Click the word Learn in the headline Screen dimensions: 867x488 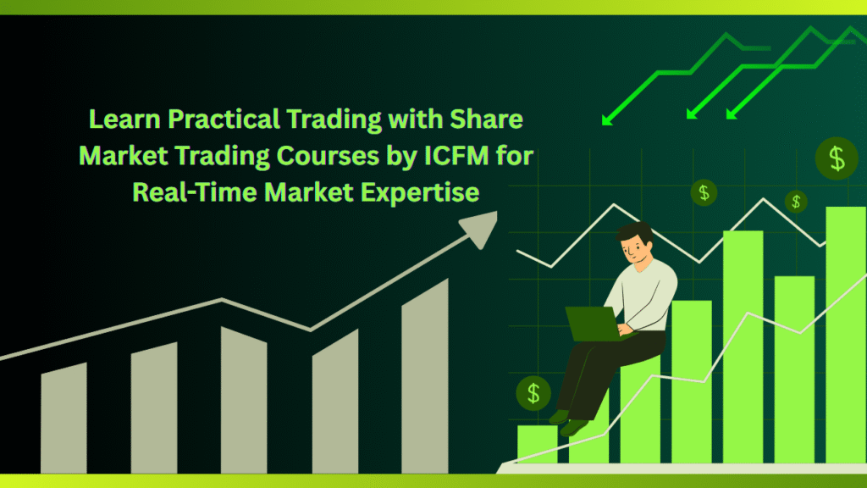pyautogui.click(x=124, y=119)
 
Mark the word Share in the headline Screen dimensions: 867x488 pyautogui.click(x=487, y=119)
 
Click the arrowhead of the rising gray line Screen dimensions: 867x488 pyautogui.click(x=480, y=228)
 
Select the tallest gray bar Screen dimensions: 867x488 pyautogui.click(x=425, y=375)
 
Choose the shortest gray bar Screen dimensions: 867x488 pyautogui.click(x=64, y=419)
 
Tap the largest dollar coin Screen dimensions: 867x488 pyautogui.click(x=837, y=158)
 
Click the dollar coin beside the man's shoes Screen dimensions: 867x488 pyautogui.click(x=533, y=393)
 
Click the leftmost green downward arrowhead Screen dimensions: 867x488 pyautogui.click(x=607, y=119)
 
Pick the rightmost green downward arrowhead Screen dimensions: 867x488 pyautogui.click(x=732, y=114)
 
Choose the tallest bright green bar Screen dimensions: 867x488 pyautogui.click(x=846, y=335)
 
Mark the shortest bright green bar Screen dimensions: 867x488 pyautogui.click(x=538, y=444)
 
